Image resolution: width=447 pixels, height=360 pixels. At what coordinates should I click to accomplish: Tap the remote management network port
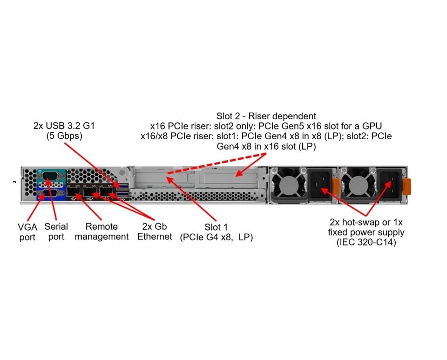74,192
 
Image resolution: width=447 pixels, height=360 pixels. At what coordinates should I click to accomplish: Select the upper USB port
122,187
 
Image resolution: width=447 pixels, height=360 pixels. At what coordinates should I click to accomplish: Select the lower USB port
122,193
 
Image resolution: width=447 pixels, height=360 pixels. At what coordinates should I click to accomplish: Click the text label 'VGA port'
27,232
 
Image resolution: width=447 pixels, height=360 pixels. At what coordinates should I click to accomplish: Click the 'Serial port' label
56,231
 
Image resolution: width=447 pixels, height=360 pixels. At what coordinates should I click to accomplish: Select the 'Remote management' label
102,231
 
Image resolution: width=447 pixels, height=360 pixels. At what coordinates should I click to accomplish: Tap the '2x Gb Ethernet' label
155,231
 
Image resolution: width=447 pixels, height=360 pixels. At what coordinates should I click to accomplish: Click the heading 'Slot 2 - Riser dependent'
266,116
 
